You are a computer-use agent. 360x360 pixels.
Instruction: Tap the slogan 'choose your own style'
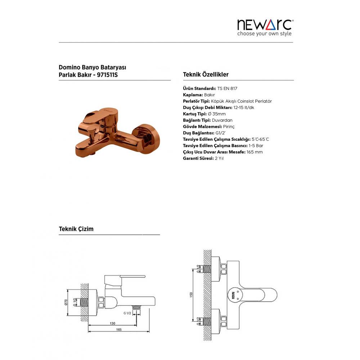point(264,33)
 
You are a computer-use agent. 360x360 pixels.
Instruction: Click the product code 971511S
point(107,75)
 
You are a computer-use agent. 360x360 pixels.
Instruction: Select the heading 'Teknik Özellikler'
point(206,75)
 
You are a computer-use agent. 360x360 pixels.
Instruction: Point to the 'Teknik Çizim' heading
point(76,229)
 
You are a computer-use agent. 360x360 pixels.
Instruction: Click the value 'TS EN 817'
point(227,89)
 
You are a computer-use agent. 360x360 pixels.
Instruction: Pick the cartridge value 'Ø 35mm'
point(217,114)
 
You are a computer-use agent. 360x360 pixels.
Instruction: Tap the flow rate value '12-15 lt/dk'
point(244,107)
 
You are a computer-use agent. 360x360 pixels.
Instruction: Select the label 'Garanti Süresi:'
point(198,158)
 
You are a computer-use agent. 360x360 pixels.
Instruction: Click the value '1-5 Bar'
point(256,145)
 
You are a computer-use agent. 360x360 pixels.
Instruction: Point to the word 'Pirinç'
point(229,127)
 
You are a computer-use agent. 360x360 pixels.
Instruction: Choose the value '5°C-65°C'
point(260,139)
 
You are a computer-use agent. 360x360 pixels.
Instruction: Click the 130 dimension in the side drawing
point(112,324)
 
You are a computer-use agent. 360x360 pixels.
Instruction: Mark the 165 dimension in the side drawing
point(119,330)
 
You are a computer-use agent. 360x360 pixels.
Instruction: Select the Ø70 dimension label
point(66,302)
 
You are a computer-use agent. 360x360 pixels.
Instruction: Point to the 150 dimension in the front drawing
point(191,295)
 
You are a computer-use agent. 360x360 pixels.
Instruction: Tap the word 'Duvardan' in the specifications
point(222,120)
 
